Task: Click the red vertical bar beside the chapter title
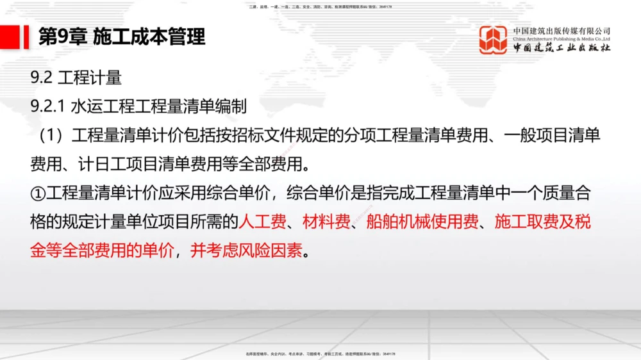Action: (x=26, y=36)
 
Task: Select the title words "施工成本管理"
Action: (x=149, y=37)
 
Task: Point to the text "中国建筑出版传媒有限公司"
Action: (x=562, y=30)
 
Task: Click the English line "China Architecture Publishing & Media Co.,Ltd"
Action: (x=562, y=38)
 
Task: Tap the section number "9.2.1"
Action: (x=47, y=106)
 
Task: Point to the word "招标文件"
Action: (x=258, y=136)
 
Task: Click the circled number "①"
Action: (x=37, y=192)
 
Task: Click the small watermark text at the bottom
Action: (x=320, y=354)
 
